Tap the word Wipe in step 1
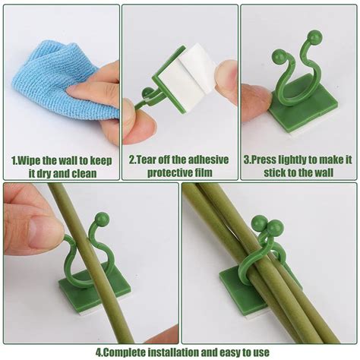(x=30, y=161)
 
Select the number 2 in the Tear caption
(x=131, y=161)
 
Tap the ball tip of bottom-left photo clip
(x=102, y=219)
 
